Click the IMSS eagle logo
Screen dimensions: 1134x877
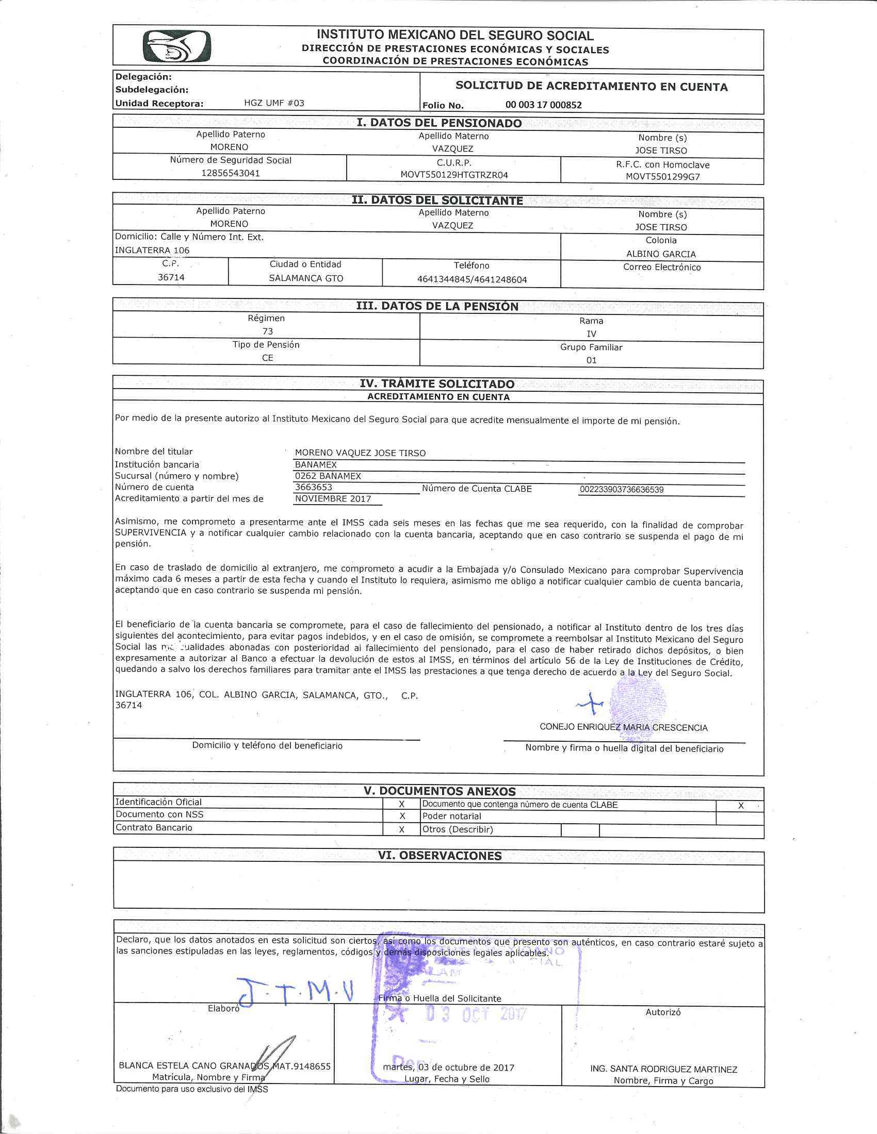[x=176, y=47]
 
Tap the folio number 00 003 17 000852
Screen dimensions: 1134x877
[x=543, y=105]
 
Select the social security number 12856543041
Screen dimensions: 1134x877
[x=231, y=173]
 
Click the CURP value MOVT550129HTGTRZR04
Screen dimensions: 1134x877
[x=454, y=175]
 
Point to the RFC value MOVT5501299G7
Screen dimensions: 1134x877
[x=662, y=176]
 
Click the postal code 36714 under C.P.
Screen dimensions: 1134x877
[x=171, y=277]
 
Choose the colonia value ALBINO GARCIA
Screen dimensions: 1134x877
[x=661, y=254]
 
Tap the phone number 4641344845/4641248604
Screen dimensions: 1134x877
[x=472, y=279]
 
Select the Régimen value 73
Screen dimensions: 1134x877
[x=268, y=331]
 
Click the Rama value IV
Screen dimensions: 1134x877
[x=591, y=334]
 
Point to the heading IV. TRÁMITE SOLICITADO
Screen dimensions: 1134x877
[x=437, y=383]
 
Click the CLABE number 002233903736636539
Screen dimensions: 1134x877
[x=622, y=490]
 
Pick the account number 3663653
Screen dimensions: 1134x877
[x=313, y=487]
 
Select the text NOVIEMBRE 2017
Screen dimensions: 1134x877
[x=333, y=499]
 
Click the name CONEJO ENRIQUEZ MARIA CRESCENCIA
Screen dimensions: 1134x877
[x=624, y=727]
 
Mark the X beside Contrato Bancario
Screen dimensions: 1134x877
[x=401, y=830]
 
